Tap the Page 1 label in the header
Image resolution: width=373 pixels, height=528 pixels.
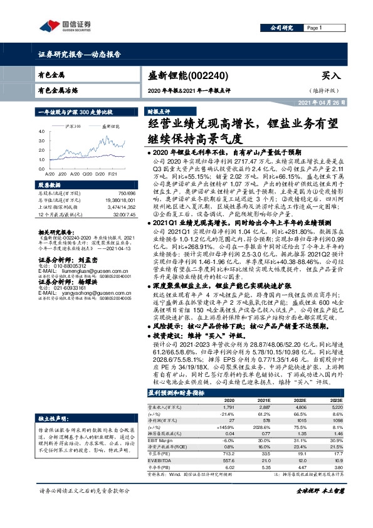coord(313,28)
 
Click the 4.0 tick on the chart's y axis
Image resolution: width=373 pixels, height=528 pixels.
coord(42,131)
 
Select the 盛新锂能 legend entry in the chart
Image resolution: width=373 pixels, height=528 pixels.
coord(111,126)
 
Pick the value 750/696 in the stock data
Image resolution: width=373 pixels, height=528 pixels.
coord(125,194)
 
